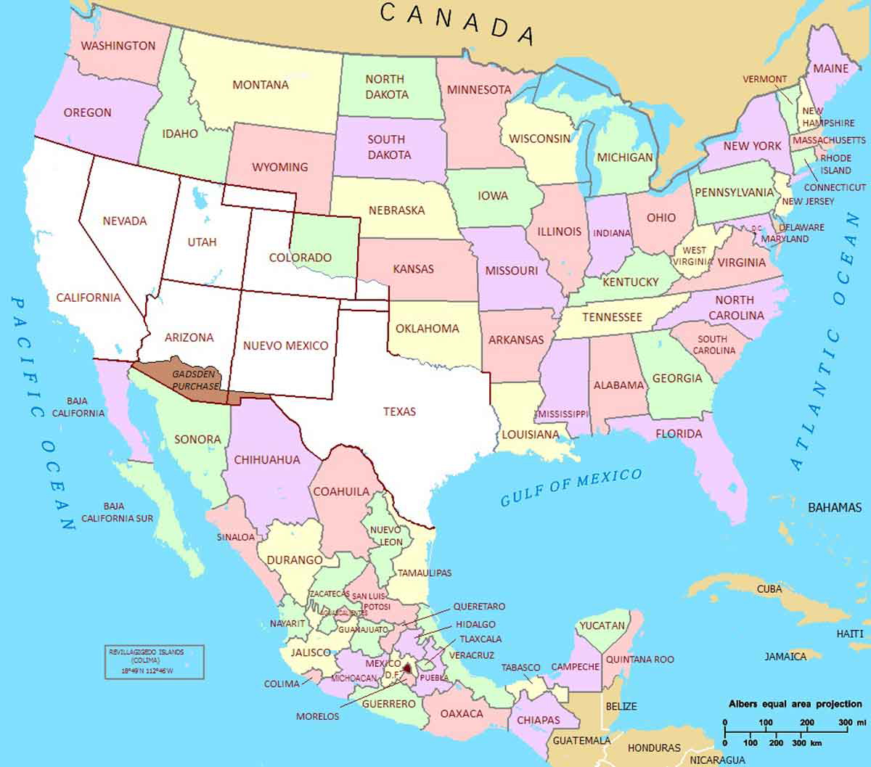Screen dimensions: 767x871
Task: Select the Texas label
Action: click(399, 411)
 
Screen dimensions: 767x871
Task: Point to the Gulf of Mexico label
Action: click(571, 487)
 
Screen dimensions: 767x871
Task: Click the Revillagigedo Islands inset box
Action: click(153, 661)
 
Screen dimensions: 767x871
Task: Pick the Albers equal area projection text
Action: click(796, 704)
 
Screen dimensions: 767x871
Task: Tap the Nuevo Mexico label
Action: click(286, 345)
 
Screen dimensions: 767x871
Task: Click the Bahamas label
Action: click(835, 507)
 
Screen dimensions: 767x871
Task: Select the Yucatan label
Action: click(602, 625)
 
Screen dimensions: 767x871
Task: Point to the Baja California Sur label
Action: click(118, 512)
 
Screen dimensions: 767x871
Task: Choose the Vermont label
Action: click(765, 79)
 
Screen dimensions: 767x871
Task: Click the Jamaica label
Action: click(785, 656)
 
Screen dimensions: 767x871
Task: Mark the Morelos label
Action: click(317, 716)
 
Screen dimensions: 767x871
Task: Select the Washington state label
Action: click(118, 46)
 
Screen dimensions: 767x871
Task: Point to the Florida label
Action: click(679, 434)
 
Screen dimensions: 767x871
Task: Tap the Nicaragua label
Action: click(717, 760)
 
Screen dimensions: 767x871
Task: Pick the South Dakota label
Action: click(389, 147)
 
